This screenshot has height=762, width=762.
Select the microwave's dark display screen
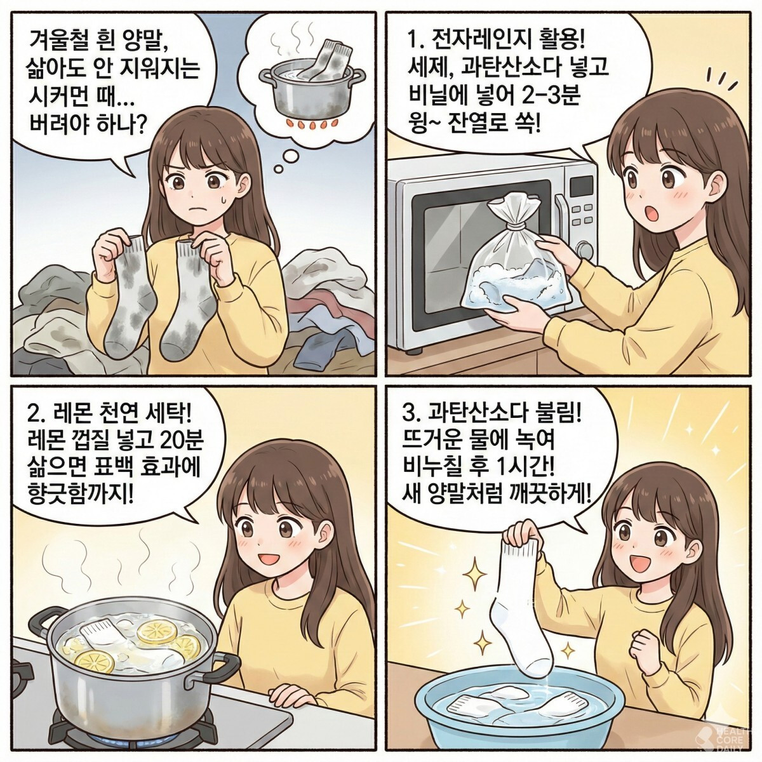pyautogui.click(x=581, y=185)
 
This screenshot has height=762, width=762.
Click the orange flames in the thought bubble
pyautogui.click(x=311, y=125)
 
